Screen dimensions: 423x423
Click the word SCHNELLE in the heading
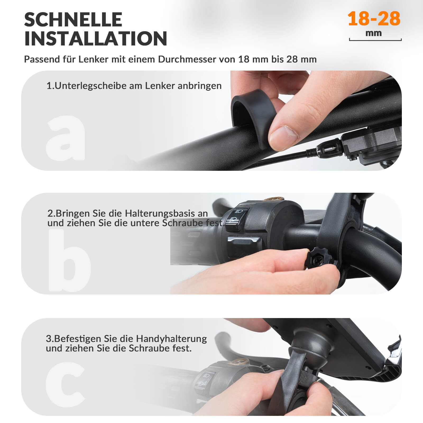(73, 20)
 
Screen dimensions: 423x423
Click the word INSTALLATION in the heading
(95, 39)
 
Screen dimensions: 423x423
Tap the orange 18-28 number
(374, 19)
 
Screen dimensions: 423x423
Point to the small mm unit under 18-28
(374, 33)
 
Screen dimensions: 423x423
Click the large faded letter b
(69, 260)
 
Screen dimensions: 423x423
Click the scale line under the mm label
(375, 40)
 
